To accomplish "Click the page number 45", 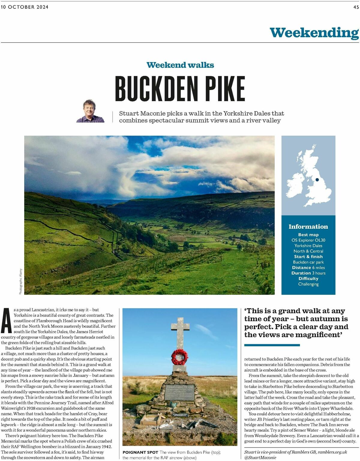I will [356, 7].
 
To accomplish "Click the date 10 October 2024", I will [25, 7].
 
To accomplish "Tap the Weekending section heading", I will [314, 32].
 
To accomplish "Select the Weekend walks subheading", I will [180, 65].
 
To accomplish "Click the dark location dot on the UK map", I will [317, 180].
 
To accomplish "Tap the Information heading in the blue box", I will [308, 227].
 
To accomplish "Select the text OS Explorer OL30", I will [308, 240].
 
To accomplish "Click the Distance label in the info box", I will [301, 268].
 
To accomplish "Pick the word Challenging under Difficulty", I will [308, 284].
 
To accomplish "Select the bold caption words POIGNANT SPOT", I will [140, 452].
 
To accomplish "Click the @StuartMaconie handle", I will [260, 458].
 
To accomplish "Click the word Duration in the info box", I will [301, 273].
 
